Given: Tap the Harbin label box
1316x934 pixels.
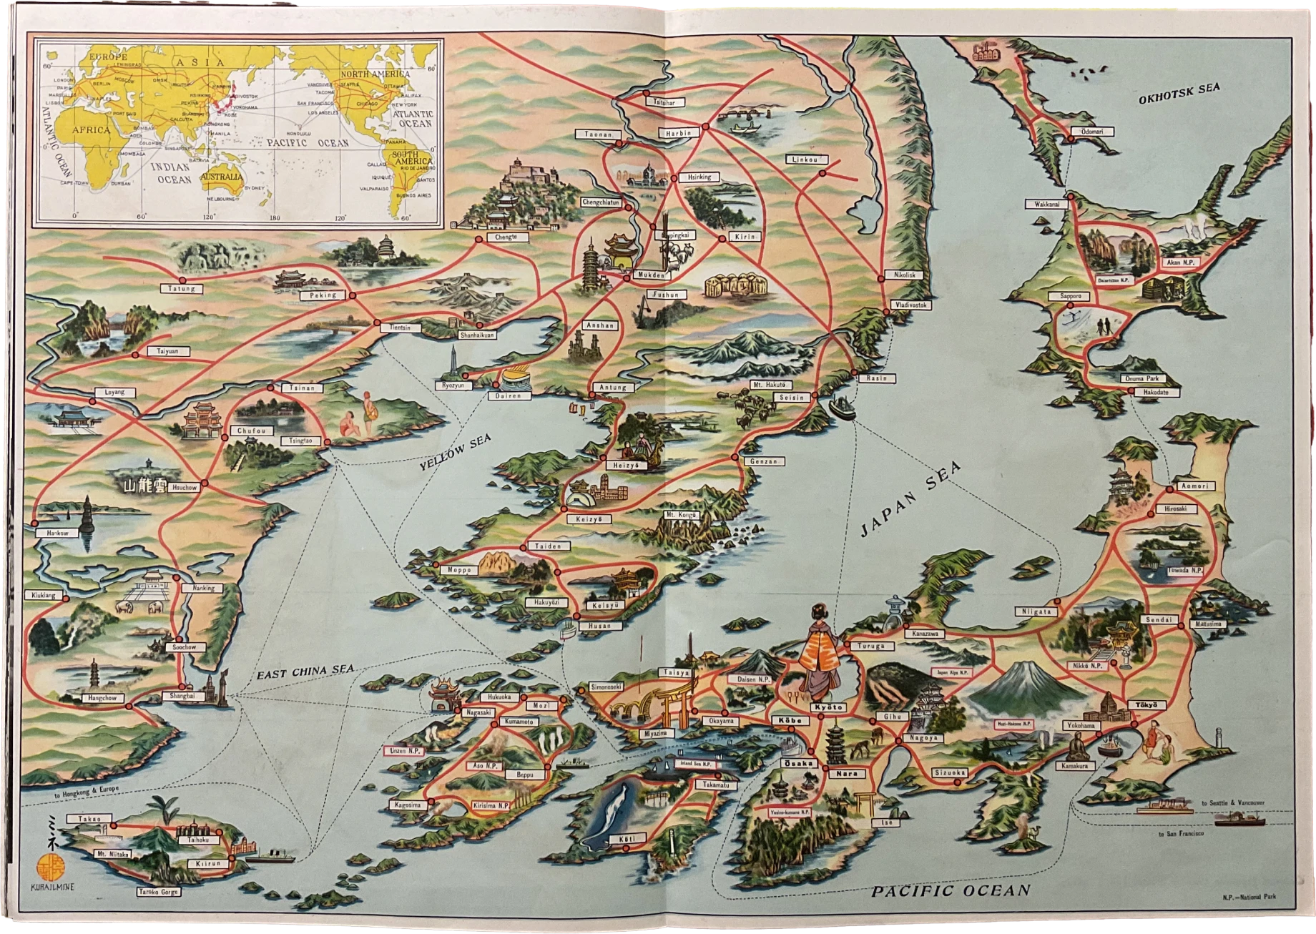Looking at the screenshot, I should click(679, 133).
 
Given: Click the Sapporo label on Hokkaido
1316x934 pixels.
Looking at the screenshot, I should click(1070, 296).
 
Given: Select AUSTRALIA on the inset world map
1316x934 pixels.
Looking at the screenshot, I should click(221, 177).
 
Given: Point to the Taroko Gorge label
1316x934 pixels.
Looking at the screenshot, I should click(159, 892).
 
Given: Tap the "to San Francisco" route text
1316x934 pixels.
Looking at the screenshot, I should click(1181, 835).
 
